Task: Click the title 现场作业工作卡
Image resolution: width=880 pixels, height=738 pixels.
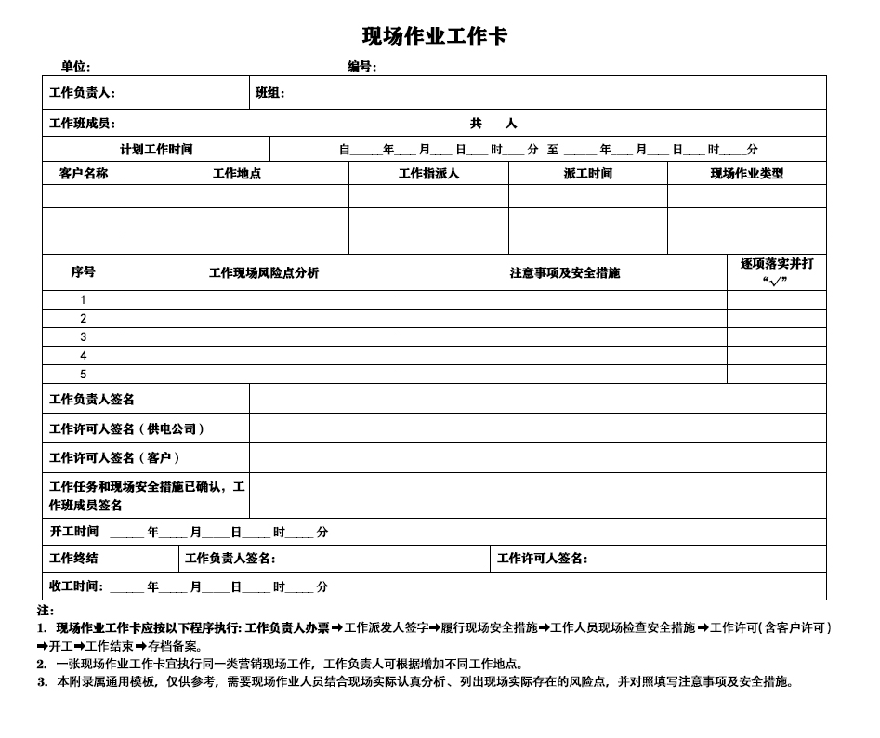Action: pos(434,36)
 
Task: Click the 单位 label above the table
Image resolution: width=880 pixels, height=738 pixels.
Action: pos(75,66)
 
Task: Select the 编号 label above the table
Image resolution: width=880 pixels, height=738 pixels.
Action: pos(361,66)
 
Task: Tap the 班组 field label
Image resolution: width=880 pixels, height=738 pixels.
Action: pos(269,93)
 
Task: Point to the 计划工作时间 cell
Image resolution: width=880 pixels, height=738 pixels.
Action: pos(156,149)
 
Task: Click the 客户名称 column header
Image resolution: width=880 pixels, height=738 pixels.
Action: pos(84,173)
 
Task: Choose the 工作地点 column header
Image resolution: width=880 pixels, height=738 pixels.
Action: pos(237,173)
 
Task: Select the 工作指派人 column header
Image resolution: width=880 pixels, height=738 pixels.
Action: pos(428,173)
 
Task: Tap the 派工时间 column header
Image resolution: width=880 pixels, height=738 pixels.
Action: pos(587,173)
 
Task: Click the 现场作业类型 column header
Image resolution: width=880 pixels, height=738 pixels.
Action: pos(747,173)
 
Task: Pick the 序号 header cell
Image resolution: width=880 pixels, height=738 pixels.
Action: pos(84,272)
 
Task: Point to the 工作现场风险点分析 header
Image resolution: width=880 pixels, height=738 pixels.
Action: pos(264,272)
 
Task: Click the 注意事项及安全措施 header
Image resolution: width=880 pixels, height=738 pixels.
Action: pos(564,272)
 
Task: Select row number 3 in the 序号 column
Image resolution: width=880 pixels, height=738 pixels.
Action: pos(84,337)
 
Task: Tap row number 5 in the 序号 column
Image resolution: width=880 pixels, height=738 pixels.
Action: pos(84,375)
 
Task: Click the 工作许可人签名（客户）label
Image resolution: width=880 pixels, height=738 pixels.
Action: pos(115,457)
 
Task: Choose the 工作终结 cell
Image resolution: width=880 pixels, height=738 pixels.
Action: pos(73,559)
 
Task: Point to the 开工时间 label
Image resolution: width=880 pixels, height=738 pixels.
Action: pos(74,532)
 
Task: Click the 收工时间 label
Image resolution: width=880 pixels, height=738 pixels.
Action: pos(77,586)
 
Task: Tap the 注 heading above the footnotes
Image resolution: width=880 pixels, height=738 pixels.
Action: pos(45,611)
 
